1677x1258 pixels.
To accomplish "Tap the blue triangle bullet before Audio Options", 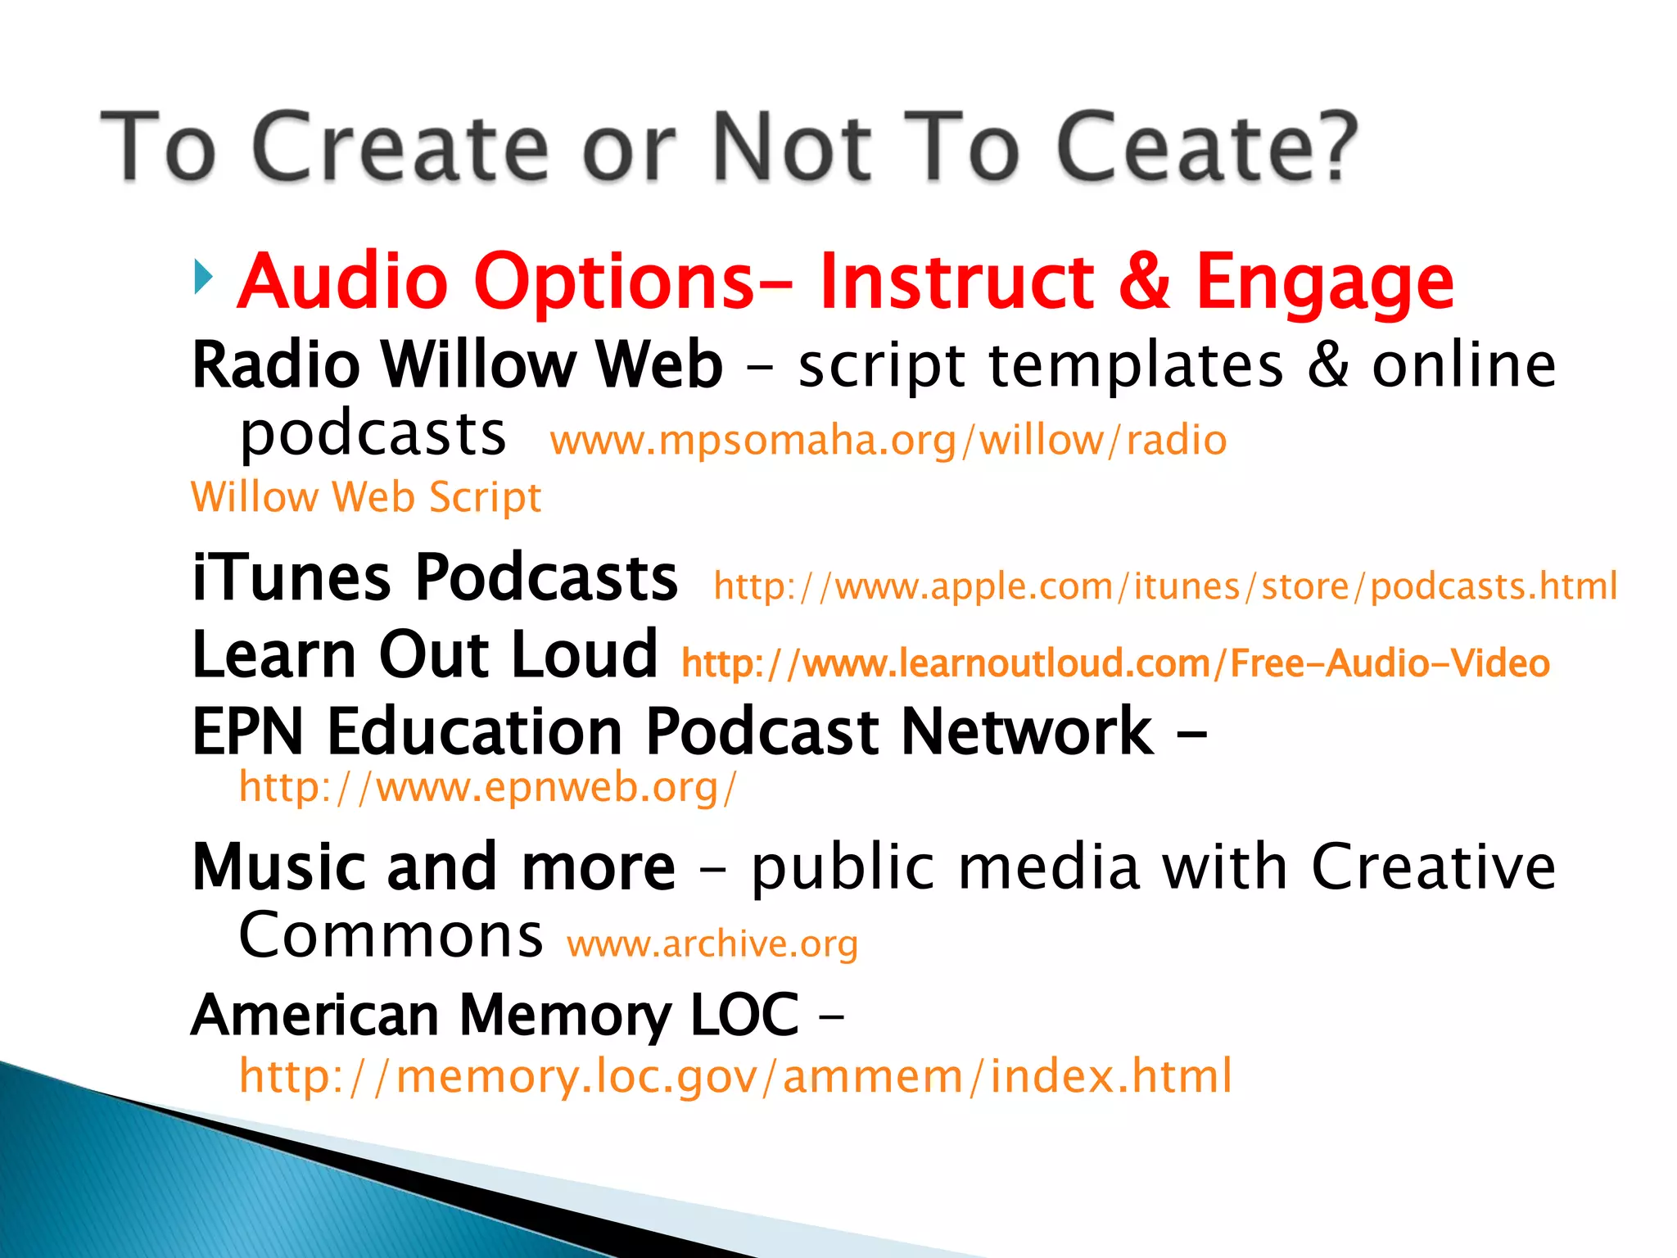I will pyautogui.click(x=203, y=278).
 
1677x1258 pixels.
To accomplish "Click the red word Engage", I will pyautogui.click(x=1324, y=283).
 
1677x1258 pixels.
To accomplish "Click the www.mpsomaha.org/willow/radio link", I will pyautogui.click(x=888, y=441).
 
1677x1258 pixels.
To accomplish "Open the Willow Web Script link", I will pyautogui.click(x=366, y=497).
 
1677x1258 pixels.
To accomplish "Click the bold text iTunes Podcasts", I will pyautogui.click(x=434, y=578).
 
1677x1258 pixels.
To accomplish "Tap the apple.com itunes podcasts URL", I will pyautogui.click(x=1164, y=586).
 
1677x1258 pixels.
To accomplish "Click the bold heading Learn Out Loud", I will pyautogui.click(x=424, y=654).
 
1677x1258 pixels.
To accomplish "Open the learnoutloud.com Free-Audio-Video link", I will pyautogui.click(x=1114, y=663).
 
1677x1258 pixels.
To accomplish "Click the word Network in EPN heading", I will pyautogui.click(x=1027, y=731).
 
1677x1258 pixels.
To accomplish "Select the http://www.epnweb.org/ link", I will pyautogui.click(x=487, y=787).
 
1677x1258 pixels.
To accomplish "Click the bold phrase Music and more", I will pyautogui.click(x=433, y=867).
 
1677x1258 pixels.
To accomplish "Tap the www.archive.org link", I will pyautogui.click(x=712, y=944).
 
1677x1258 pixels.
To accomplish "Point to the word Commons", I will pyautogui.click(x=391, y=935).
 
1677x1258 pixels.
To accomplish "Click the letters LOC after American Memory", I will pyautogui.click(x=744, y=1016).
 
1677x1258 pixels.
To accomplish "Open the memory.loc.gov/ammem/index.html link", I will pyautogui.click(x=735, y=1076).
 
